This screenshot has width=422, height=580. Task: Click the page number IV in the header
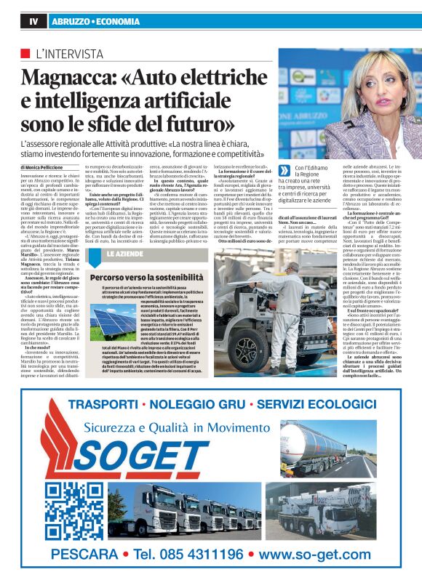[33, 22]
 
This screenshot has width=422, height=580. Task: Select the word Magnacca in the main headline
[65, 76]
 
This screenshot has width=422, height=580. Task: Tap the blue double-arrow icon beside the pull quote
[284, 169]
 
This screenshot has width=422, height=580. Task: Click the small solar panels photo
[112, 323]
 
